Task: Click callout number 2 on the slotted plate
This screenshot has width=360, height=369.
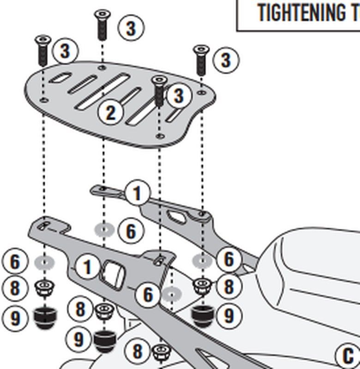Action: point(110,112)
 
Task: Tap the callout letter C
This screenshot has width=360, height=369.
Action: point(348,357)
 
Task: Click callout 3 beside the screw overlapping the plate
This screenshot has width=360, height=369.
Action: point(179,95)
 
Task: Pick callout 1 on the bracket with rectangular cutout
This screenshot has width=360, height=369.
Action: point(86,267)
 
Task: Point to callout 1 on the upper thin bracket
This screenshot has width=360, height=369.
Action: point(137,193)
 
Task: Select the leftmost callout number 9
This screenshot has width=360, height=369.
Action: point(15,318)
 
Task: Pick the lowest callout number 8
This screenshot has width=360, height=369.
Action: point(137,351)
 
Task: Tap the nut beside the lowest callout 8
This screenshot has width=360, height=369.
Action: point(159,353)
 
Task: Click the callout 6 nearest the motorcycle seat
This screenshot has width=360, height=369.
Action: point(229,260)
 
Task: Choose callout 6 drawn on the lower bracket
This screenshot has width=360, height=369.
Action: point(148,294)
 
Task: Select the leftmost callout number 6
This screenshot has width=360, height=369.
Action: point(15,262)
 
